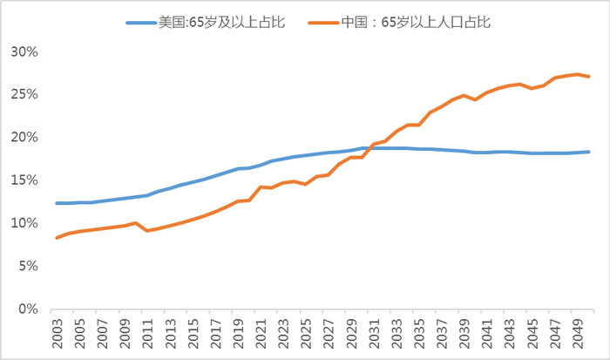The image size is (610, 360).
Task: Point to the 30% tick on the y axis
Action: point(24,51)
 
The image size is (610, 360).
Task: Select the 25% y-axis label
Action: point(24,94)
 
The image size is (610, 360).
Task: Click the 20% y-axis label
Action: point(24,137)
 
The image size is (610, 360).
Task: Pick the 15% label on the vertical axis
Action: point(24,180)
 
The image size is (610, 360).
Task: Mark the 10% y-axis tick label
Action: point(24,223)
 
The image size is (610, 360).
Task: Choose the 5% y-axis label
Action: point(28,266)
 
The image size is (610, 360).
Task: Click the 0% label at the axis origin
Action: point(28,309)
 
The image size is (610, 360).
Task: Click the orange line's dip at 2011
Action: point(147,230)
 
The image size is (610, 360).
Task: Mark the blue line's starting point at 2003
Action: point(58,203)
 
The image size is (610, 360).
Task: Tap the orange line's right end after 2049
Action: point(589,77)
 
